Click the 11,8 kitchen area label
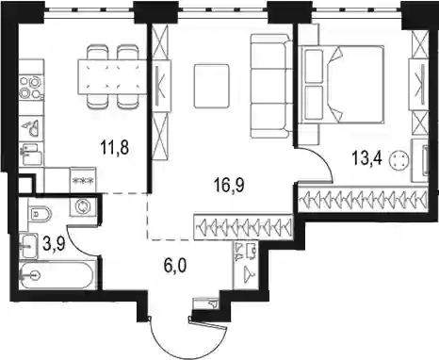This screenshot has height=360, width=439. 115,147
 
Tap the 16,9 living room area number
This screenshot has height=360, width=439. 229,186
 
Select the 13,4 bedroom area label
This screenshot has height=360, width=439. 366,157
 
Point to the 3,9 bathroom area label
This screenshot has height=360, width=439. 54,244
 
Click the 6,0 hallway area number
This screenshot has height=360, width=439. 175,266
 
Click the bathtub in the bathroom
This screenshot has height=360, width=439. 56,276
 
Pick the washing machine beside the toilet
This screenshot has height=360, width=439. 84,207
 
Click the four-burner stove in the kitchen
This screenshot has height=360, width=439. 31,87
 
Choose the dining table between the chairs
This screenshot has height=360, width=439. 112,76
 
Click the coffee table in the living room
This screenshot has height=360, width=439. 211,86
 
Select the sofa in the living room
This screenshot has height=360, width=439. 271,86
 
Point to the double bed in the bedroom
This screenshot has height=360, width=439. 341,84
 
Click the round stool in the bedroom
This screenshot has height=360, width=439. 399,159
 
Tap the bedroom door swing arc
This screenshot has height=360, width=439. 323,158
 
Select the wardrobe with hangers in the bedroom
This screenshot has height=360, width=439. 363,199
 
